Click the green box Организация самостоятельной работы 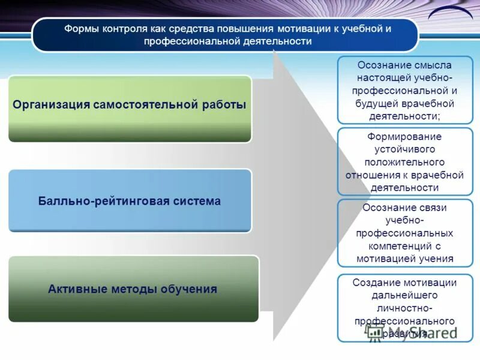click(x=130, y=109)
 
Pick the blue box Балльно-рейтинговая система click(x=130, y=200)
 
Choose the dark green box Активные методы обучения click(x=133, y=289)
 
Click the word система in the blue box click(x=199, y=200)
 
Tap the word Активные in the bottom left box click(x=77, y=289)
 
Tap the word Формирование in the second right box click(x=404, y=136)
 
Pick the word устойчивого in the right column click(x=404, y=149)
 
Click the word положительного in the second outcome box click(x=404, y=162)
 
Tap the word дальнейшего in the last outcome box click(x=404, y=295)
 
